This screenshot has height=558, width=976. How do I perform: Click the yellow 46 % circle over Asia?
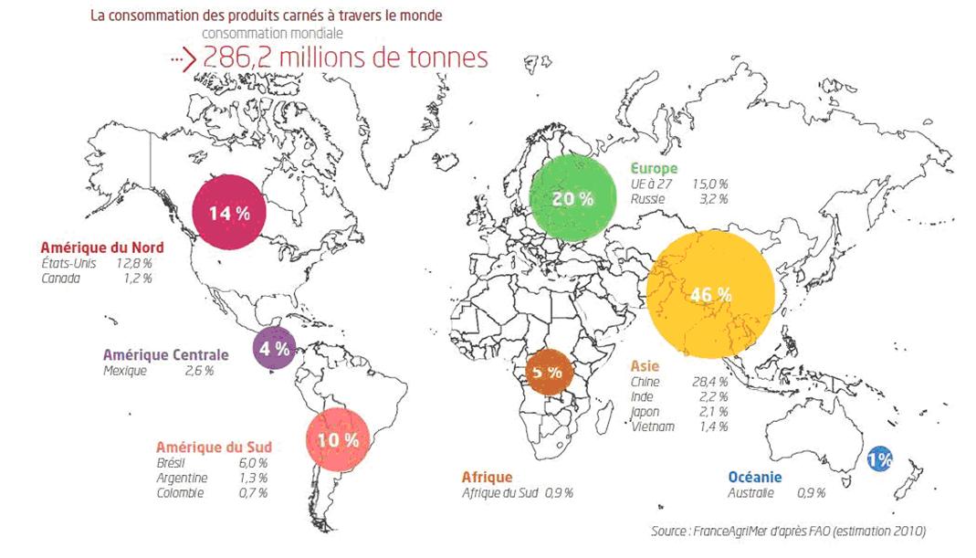point(710,294)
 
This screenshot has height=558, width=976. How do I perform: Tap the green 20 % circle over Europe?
point(572,198)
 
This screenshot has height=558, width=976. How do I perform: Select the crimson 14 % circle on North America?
point(229,213)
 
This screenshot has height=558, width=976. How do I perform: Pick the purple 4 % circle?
point(274,348)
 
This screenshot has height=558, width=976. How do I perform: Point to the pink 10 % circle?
point(339,439)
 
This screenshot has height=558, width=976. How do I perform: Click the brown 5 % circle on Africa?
point(549,373)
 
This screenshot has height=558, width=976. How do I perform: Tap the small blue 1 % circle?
point(879,458)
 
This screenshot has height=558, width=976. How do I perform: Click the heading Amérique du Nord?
point(102,247)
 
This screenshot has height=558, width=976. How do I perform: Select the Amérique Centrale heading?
point(165,354)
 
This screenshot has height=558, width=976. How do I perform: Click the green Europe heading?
point(654,168)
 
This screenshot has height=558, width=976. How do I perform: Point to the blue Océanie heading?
point(754,477)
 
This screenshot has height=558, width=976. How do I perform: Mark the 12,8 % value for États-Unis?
point(133,263)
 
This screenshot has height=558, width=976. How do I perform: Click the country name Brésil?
point(171,463)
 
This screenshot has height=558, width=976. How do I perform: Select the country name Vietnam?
point(652,426)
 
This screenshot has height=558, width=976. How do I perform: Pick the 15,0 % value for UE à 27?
point(709,184)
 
